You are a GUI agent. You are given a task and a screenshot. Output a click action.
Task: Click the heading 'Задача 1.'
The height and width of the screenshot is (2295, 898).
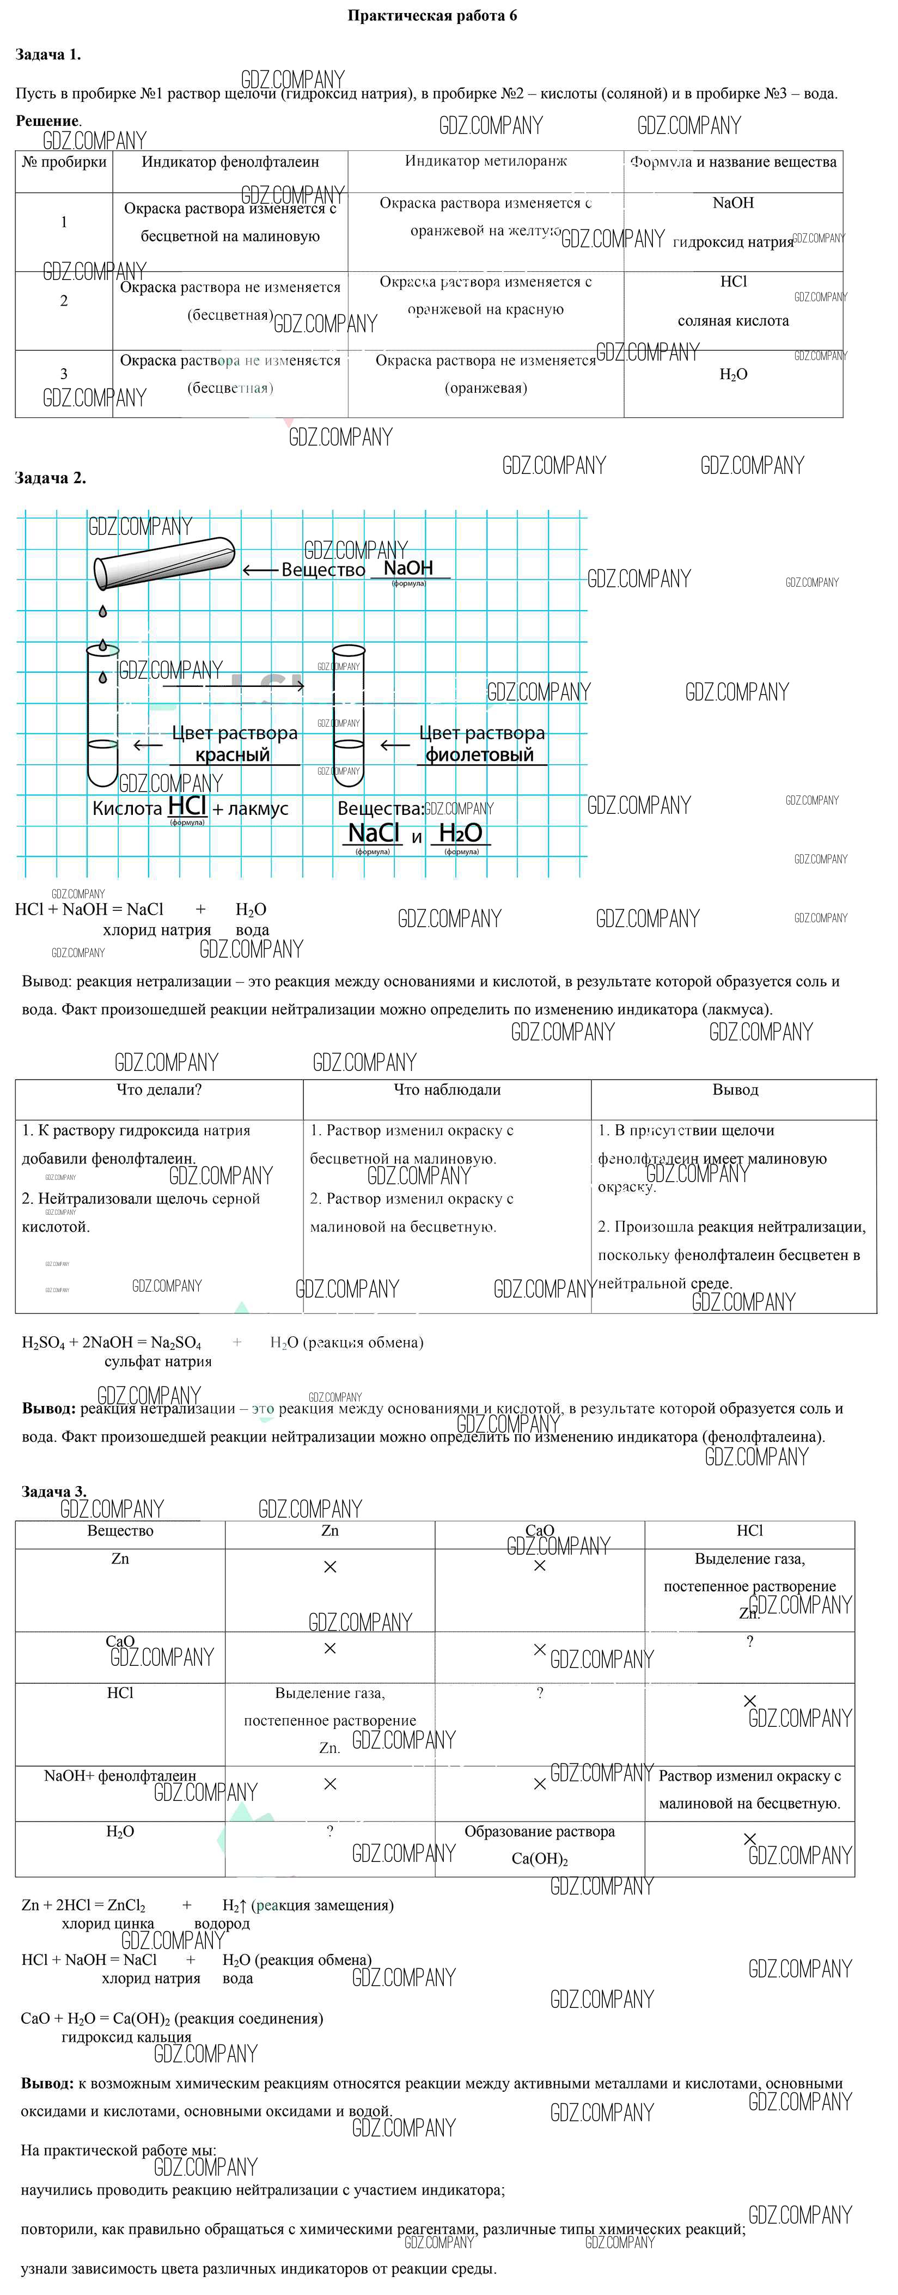click(x=48, y=55)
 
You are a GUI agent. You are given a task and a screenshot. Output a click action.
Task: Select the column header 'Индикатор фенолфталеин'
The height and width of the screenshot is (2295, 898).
click(x=230, y=162)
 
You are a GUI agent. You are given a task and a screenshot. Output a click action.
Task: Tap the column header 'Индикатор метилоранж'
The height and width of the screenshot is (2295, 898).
click(x=486, y=161)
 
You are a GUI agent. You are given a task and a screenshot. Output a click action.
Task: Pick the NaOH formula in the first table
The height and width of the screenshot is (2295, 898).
click(x=733, y=203)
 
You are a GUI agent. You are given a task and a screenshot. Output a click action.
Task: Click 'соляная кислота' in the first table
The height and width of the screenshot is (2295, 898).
click(x=733, y=321)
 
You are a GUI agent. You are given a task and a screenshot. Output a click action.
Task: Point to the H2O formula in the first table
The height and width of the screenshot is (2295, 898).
click(x=733, y=375)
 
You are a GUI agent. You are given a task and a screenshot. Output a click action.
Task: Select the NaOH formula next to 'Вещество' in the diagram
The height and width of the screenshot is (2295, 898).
click(x=408, y=568)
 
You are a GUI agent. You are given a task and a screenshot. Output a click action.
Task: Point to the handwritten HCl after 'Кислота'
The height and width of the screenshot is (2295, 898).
click(x=187, y=805)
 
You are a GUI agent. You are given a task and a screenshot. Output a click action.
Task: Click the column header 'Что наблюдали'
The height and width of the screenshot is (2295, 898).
click(x=447, y=1089)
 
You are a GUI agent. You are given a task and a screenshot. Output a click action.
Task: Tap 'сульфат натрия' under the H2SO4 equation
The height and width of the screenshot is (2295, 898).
click(x=158, y=1361)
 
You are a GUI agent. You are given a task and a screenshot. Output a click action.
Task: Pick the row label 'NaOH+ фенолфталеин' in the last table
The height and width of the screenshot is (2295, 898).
click(x=120, y=1776)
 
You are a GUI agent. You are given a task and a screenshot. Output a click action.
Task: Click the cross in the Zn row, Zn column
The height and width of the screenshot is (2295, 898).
click(x=329, y=1566)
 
